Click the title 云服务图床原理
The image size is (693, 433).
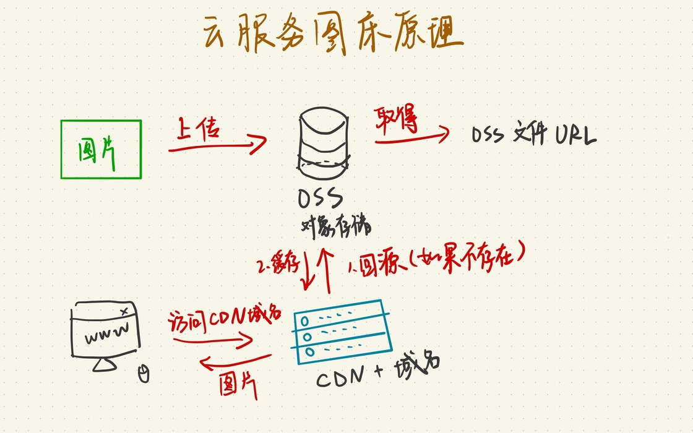coord(333,34)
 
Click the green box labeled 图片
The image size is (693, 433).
coord(101,149)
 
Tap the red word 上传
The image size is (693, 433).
coord(199,129)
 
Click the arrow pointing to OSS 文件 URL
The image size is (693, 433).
coord(411,137)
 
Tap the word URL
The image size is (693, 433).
coord(575,135)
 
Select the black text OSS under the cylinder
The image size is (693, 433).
coord(320,199)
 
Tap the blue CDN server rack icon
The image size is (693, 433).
coord(342,333)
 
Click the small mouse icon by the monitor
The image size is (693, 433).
coord(144,374)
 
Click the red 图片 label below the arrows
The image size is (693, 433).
coord(238,387)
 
